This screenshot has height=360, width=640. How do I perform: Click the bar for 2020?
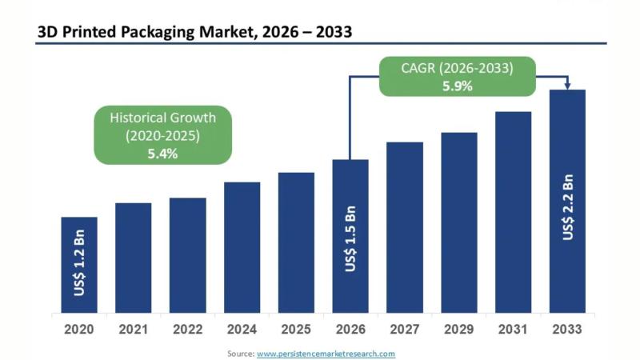(79, 265)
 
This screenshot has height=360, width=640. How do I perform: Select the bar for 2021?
(133, 258)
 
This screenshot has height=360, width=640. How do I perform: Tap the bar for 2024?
(242, 247)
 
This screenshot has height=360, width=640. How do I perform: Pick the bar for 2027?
(405, 227)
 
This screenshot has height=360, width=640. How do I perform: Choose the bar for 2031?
(513, 212)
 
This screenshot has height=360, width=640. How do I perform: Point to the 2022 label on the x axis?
(187, 328)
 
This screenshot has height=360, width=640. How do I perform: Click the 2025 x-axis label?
(296, 328)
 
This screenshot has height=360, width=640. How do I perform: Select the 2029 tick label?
(459, 328)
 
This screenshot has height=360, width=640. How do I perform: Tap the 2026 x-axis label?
(350, 328)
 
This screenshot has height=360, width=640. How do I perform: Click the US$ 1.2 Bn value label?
(80, 265)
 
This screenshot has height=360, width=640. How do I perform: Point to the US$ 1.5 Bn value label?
(350, 238)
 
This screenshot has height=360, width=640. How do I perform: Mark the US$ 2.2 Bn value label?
(567, 206)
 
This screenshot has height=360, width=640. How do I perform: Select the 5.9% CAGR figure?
(457, 85)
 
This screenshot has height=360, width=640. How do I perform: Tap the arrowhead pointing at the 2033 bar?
(567, 85)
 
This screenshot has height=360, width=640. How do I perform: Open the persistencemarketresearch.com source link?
(326, 353)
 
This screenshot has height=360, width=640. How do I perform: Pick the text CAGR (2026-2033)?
(457, 67)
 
